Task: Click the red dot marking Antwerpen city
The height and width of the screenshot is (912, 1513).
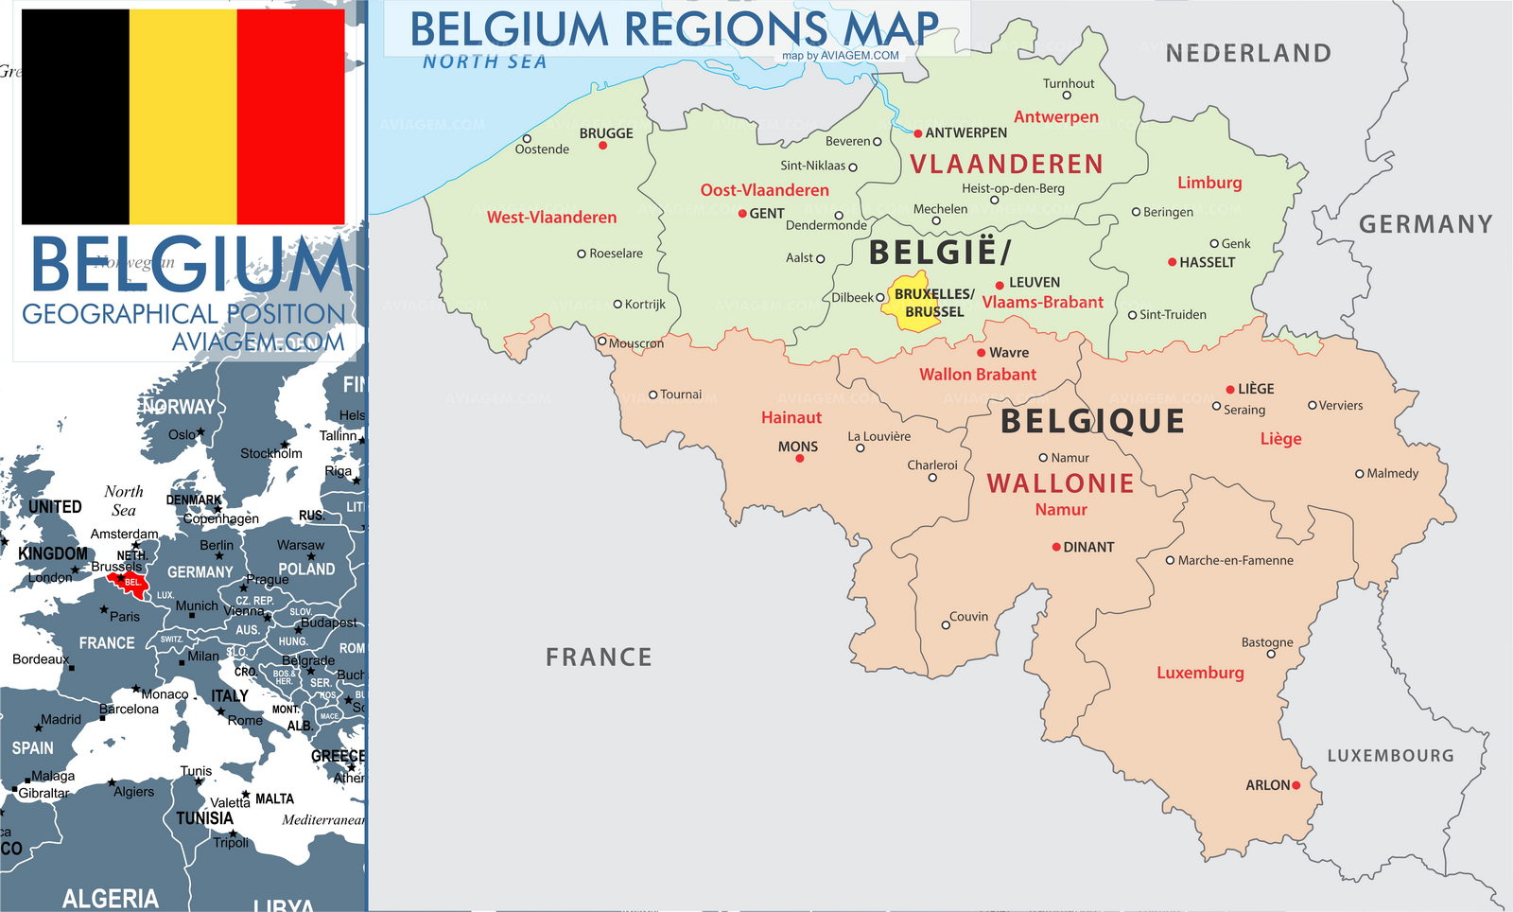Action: point(917,133)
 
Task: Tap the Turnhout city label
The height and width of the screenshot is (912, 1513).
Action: point(1069,83)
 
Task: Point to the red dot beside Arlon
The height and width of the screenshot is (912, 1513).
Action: point(1296,785)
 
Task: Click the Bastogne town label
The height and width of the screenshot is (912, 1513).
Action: point(1267,642)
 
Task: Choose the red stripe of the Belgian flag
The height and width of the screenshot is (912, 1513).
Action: point(290,116)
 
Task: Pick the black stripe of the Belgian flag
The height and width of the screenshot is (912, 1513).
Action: point(75,116)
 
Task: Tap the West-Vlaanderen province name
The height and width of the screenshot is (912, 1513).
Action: point(551,218)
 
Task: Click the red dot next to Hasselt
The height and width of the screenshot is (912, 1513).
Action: point(1173,262)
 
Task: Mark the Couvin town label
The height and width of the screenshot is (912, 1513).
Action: point(968,617)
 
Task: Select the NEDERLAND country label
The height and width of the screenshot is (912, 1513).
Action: point(1248,54)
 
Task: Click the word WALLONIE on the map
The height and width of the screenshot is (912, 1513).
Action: point(1060,483)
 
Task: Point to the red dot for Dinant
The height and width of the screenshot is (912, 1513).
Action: point(1056,547)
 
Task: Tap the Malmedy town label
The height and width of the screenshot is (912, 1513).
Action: point(1392,473)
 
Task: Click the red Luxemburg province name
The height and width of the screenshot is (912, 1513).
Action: point(1200,673)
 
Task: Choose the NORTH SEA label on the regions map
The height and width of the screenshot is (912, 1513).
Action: point(484,62)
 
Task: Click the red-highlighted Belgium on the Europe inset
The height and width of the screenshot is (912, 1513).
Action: point(128,581)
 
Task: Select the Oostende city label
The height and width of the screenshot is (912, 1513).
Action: point(542,149)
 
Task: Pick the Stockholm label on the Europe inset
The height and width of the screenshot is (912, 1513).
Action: point(270,453)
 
